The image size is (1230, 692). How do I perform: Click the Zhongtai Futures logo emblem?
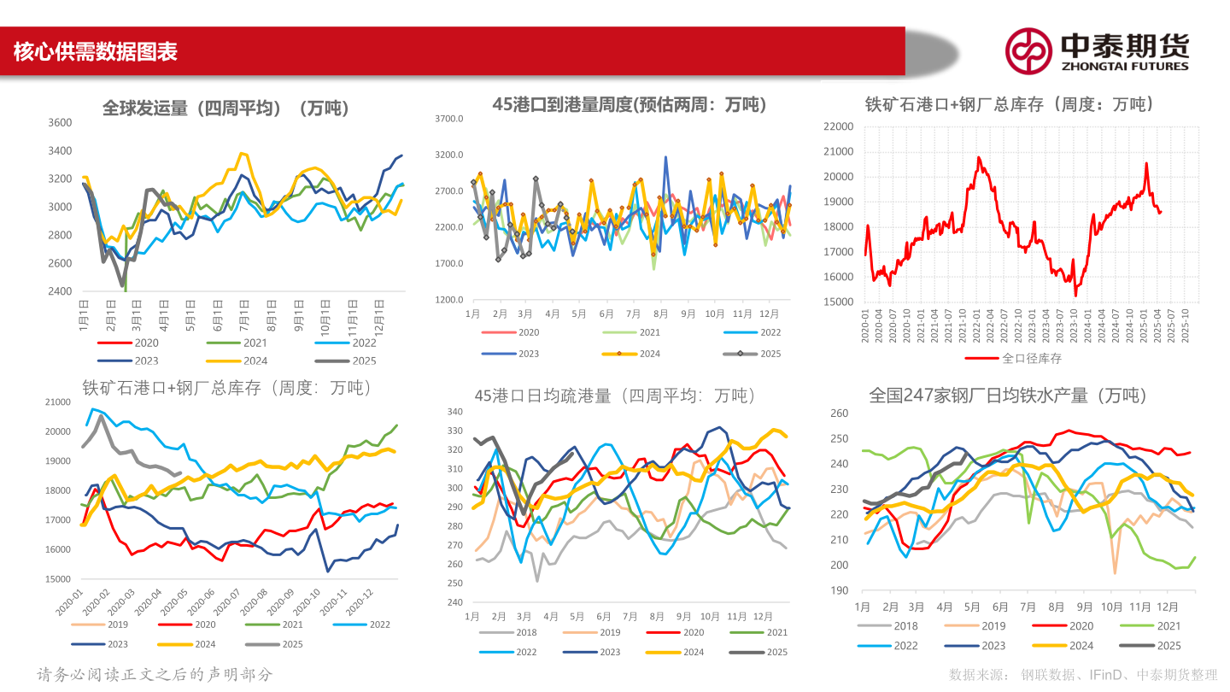[1028, 50]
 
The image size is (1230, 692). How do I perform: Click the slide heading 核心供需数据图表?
[95, 52]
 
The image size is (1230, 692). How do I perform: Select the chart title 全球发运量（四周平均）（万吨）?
[225, 108]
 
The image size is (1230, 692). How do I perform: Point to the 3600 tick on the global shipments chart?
[59, 123]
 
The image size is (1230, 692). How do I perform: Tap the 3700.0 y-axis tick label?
[449, 119]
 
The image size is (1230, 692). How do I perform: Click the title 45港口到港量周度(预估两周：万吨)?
[630, 105]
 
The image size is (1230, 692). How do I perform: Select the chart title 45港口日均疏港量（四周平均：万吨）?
[615, 396]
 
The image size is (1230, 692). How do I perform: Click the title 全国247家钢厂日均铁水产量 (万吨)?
[1007, 396]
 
